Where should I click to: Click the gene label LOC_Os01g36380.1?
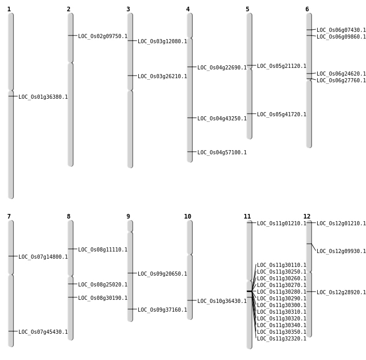coord(43,97)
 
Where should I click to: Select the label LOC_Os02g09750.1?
coord(103,36)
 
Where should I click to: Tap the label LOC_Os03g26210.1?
coord(162,76)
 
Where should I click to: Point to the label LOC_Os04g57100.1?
coord(222,152)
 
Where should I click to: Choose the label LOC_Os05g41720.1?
coord(282,114)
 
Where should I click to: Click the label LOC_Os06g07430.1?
coord(341,30)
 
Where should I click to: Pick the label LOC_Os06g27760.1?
coord(341,80)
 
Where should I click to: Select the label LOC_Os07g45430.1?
coord(43,332)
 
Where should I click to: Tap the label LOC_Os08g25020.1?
coord(103,284)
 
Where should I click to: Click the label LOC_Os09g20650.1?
coord(162,274)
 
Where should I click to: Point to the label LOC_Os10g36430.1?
coord(222,301)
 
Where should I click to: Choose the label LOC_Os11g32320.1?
coord(282,338)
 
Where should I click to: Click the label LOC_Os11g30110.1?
coord(282,265)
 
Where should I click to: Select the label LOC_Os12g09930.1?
coord(341,251)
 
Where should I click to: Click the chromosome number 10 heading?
coord(188,217)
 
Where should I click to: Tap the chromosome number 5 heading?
coord(247,9)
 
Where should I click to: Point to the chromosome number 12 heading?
coord(307,217)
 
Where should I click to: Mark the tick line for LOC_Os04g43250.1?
coord(191,118)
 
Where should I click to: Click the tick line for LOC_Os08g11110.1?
coord(72,249)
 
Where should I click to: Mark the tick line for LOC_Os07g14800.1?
coord(12,256)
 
